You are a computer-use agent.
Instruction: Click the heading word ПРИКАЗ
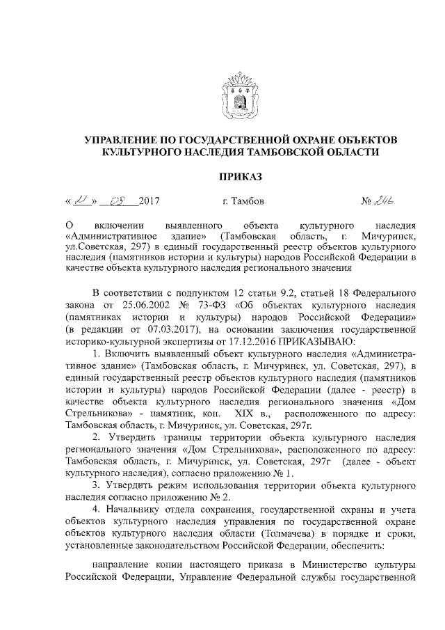pos(241,178)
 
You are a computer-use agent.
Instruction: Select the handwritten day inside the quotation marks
pos(81,201)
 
